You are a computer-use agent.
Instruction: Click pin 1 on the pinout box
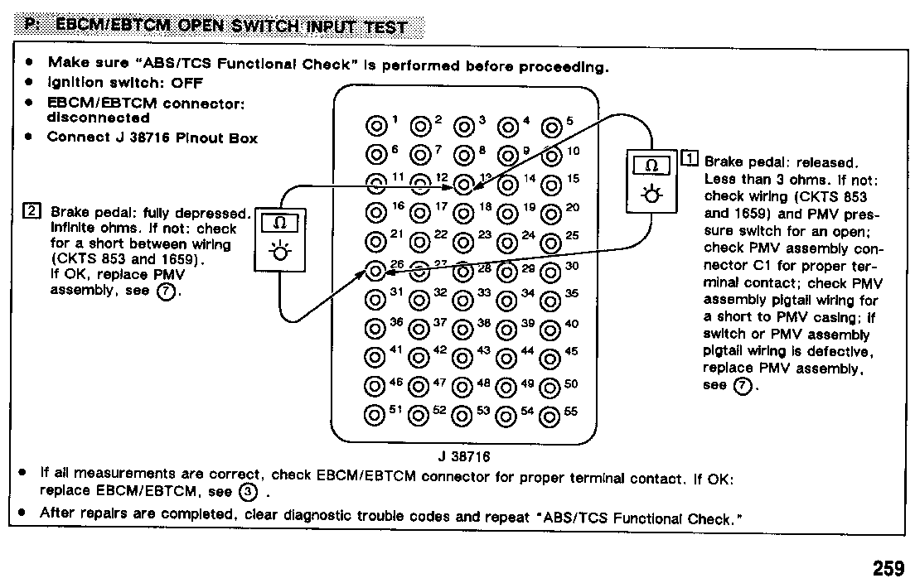(x=376, y=126)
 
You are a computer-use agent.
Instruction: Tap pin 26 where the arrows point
(x=376, y=271)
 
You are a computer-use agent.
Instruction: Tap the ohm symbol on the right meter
(x=651, y=166)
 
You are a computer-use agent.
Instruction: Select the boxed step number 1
(x=690, y=159)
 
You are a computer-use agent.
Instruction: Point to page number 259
(x=888, y=569)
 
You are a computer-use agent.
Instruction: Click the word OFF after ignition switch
(x=187, y=83)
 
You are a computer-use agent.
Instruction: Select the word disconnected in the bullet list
(x=99, y=118)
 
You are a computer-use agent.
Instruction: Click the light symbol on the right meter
(x=651, y=196)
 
